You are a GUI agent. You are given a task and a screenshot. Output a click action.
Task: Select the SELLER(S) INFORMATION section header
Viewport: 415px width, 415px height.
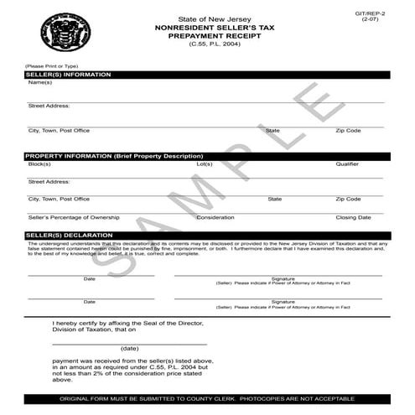tap(69, 75)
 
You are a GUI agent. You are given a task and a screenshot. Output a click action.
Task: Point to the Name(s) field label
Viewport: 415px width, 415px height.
tap(39, 82)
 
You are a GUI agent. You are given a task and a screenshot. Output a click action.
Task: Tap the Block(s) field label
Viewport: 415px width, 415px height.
tap(39, 164)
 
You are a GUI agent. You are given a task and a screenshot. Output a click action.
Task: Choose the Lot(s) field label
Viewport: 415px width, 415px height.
tap(205, 164)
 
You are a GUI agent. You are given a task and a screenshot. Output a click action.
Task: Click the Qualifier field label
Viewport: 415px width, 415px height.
tap(347, 164)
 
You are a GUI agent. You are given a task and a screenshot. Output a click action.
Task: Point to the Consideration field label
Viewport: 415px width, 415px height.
tap(215, 217)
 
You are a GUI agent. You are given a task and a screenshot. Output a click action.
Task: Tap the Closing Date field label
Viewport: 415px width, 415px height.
tap(353, 217)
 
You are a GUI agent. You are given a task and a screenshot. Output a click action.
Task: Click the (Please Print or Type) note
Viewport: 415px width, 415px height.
tap(52, 65)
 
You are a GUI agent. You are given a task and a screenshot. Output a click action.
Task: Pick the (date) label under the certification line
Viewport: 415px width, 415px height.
tap(129, 348)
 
